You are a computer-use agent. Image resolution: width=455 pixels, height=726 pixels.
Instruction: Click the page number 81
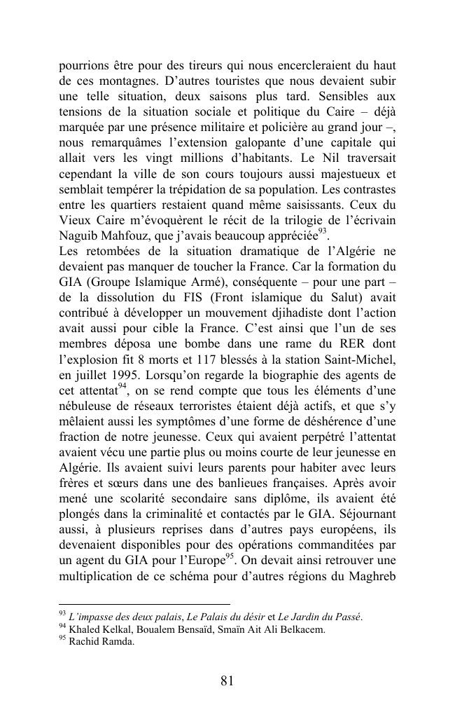point(227,681)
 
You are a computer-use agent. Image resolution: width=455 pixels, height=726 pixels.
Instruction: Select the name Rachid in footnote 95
point(85,642)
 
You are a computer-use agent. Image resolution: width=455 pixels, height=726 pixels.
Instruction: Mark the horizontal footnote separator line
point(144,603)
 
